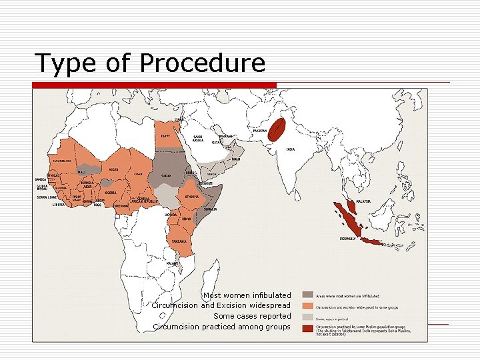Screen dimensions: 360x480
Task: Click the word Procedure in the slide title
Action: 203,63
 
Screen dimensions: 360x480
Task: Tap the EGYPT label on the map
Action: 165,136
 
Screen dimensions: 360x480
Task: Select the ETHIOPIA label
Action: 192,197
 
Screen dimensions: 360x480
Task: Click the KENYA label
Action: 187,219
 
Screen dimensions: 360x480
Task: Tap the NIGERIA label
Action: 110,193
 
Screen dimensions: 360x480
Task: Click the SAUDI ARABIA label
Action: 198,139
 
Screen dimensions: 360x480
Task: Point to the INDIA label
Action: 291,149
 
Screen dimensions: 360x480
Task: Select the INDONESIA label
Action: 347,238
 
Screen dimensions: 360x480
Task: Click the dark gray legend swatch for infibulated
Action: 307,295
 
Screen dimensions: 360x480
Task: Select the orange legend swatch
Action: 307,305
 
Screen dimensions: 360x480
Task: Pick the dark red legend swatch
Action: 307,328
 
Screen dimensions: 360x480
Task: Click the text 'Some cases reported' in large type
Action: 252,316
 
